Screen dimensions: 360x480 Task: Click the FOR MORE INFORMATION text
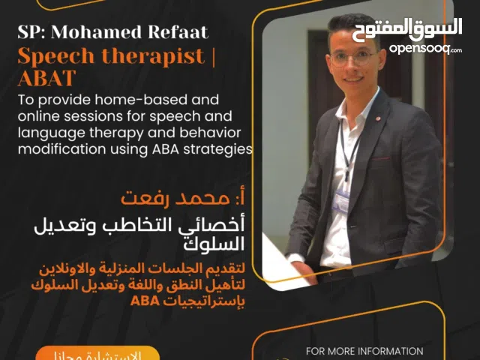click(x=364, y=351)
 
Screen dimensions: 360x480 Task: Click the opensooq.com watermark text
click(x=425, y=49)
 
